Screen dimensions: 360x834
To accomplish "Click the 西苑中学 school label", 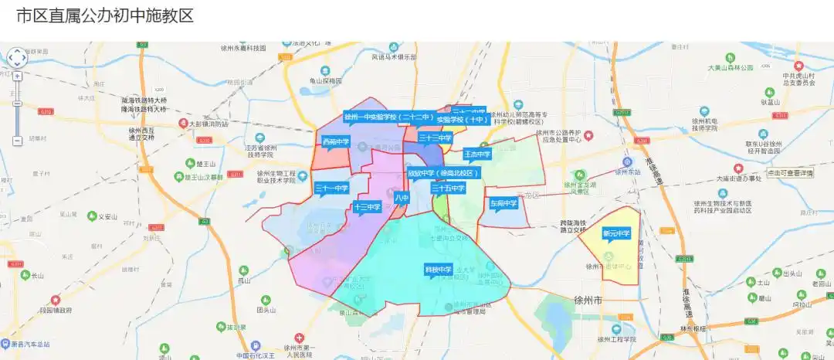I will tap(336, 142).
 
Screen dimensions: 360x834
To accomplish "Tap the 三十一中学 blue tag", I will tap(332, 188).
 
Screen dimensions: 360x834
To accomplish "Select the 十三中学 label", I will tap(367, 207).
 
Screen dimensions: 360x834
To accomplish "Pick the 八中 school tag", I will tap(402, 199).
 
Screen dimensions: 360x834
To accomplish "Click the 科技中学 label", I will tap(439, 270).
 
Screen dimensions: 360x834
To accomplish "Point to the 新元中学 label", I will tap(616, 233).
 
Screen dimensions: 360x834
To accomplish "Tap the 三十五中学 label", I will tap(448, 188).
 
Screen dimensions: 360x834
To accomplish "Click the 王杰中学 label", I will tap(477, 155).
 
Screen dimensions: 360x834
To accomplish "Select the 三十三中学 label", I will tap(435, 138).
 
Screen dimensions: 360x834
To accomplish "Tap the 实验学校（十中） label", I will tap(462, 120).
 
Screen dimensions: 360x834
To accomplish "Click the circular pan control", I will tap(17, 58).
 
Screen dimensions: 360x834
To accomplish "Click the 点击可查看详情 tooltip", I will tap(790, 174).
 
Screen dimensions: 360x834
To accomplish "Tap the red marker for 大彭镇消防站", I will tap(183, 124).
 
